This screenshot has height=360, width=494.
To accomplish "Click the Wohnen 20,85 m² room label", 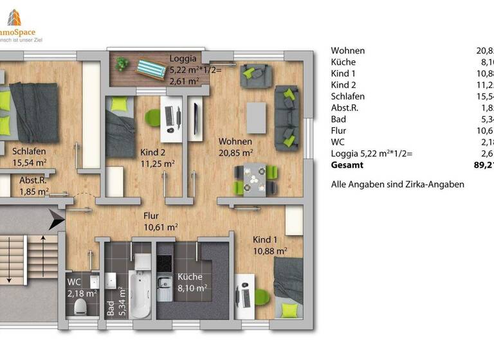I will click(235, 147).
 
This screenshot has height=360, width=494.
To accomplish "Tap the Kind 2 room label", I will click(154, 158).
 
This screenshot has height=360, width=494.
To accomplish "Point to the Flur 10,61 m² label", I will click(160, 221).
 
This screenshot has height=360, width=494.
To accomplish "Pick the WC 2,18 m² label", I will click(82, 287).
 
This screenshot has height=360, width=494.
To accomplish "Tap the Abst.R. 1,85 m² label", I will click(34, 186).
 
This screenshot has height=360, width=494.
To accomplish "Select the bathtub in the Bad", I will click(139, 292).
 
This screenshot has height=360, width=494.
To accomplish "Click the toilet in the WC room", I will click(80, 307).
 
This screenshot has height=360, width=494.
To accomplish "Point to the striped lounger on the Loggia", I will click(151, 66).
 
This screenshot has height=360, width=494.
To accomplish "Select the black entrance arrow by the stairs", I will click(56, 221).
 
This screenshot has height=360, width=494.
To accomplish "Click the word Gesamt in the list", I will click(347, 165).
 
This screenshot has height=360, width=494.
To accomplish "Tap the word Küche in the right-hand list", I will click(343, 62).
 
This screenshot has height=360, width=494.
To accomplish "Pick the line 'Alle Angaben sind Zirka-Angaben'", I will click(397, 184).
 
